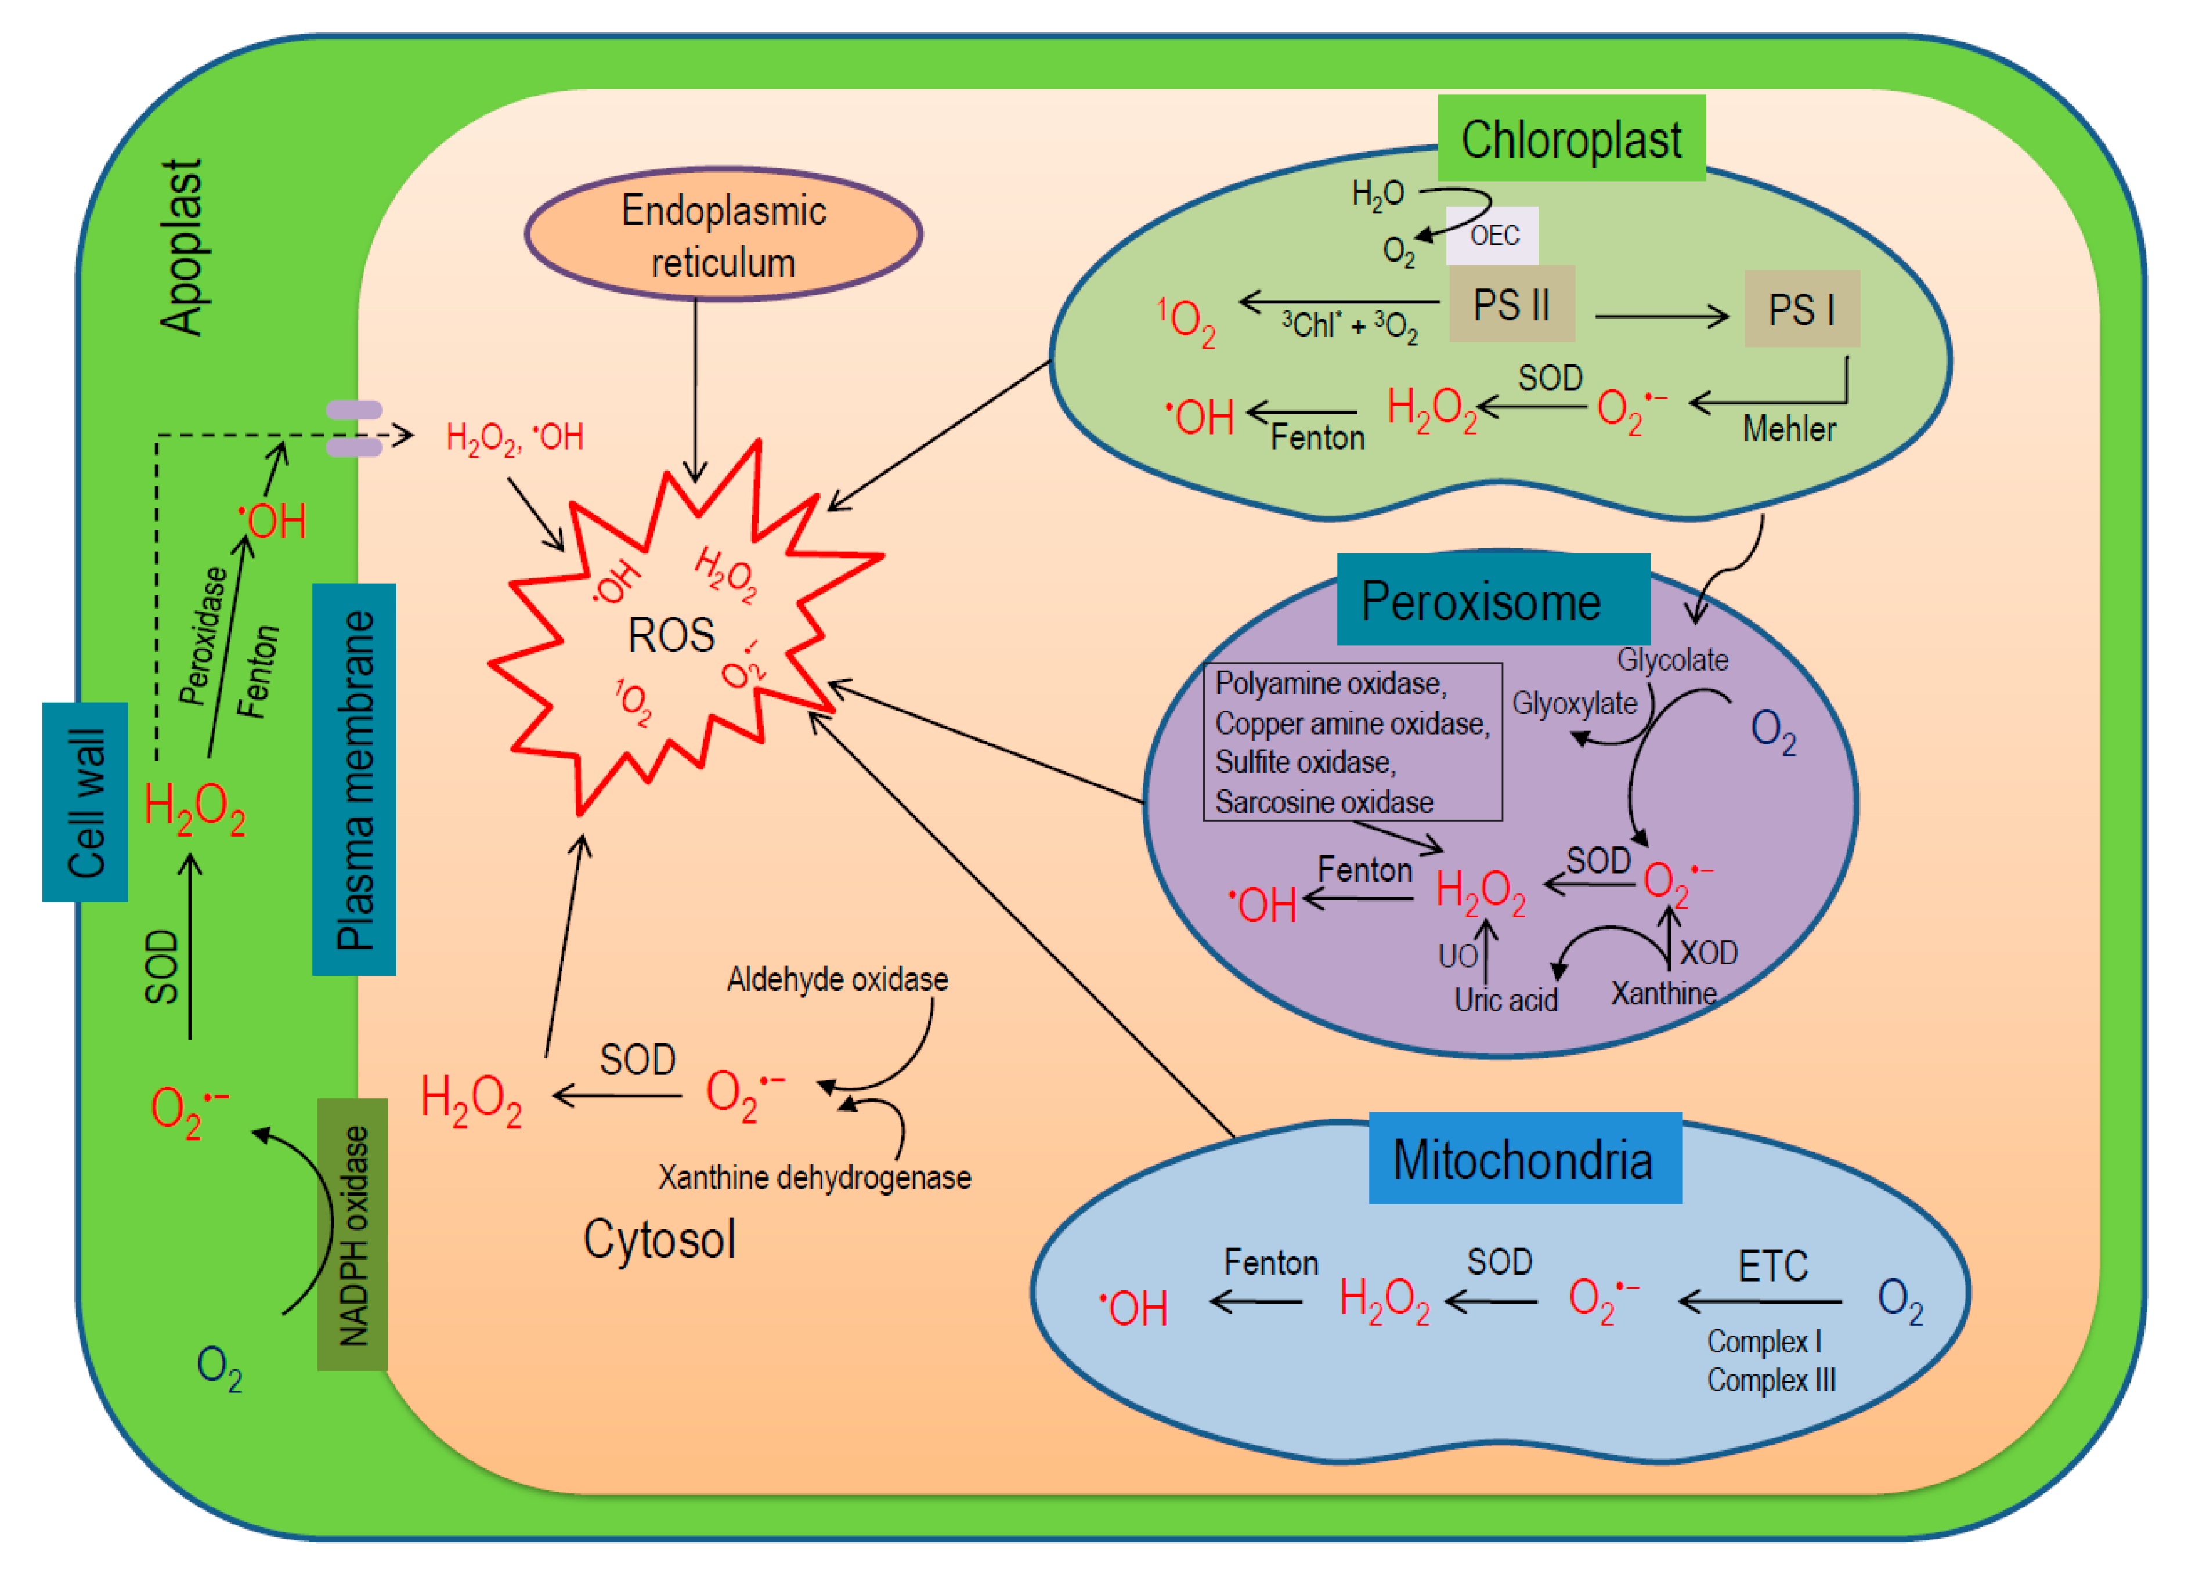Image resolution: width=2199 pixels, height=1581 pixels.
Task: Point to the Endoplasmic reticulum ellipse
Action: (723, 234)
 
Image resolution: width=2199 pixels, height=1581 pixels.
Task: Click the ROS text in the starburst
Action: (671, 636)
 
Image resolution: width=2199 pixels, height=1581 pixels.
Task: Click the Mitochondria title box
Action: (1523, 1159)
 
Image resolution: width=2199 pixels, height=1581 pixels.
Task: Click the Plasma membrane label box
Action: (354, 779)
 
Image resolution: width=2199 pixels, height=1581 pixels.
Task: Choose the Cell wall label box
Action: (85, 802)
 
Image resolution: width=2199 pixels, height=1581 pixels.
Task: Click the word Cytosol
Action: (659, 1239)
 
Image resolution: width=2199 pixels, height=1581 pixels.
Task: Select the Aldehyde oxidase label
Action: (837, 979)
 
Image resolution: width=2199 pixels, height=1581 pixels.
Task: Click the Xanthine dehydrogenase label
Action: (814, 1177)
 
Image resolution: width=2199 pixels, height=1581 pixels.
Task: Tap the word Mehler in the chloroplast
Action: (1788, 428)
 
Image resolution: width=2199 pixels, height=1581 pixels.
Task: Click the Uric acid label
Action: (1505, 1000)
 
